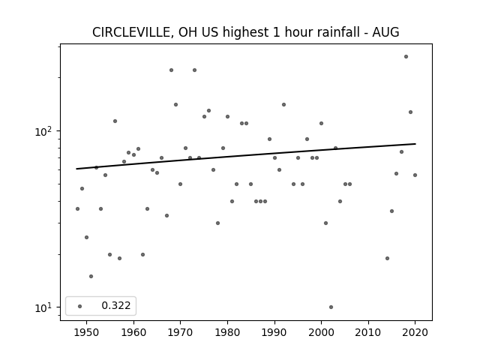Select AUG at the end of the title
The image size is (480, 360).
385,32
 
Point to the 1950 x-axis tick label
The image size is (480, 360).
86,332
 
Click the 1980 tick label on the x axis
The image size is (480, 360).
227,332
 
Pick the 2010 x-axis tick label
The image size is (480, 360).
368,332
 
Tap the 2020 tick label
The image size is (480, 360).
415,332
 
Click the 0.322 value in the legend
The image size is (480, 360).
116,305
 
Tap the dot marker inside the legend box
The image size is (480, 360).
79,306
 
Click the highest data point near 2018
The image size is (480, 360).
406,57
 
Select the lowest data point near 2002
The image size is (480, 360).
331,307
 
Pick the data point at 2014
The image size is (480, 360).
387,258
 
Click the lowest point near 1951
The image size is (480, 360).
91,277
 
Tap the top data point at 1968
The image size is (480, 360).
171,70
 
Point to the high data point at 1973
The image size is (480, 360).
194,70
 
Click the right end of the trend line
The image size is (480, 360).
415,143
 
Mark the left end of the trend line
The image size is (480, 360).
76,169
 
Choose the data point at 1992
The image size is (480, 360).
283,105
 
